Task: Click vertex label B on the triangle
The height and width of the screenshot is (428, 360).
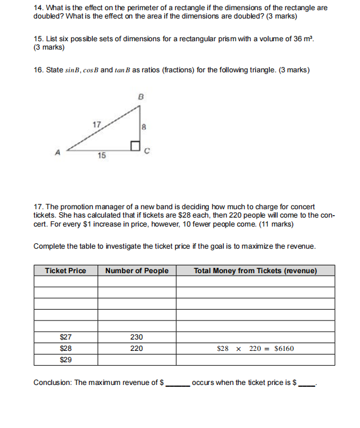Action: tap(141, 96)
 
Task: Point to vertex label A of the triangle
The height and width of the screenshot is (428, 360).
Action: tap(58, 152)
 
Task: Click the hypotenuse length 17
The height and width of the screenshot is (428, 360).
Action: tap(97, 124)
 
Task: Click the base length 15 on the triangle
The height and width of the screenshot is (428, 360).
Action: tap(102, 155)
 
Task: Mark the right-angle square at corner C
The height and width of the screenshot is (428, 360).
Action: tap(136, 146)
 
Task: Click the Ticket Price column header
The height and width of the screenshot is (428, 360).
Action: tap(65, 271)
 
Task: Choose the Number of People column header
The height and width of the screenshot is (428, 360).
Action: tap(137, 271)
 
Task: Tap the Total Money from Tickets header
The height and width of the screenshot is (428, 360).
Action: tap(255, 271)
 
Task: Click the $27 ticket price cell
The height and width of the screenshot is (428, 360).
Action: tap(66, 337)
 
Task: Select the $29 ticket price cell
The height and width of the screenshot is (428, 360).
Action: tap(66, 360)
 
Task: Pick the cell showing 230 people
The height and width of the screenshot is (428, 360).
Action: tap(137, 337)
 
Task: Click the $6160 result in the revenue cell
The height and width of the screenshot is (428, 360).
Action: tap(283, 348)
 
